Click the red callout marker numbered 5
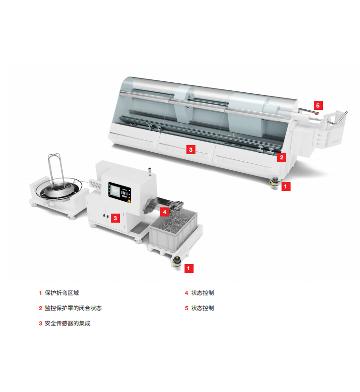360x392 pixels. tap(318, 105)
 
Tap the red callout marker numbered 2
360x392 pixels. tap(282, 157)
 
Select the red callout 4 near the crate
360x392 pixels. tap(165, 212)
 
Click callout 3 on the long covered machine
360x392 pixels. tap(191, 149)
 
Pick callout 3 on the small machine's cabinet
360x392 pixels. tap(115, 218)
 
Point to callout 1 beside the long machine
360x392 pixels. tap(286, 186)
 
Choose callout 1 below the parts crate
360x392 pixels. tap(189, 268)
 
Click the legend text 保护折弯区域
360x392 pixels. tap(62, 293)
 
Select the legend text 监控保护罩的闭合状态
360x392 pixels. tap(73, 308)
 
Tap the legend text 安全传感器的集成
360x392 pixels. tap(68, 323)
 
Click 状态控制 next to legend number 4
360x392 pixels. tap(203, 293)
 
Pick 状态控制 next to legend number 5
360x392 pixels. tap(203, 308)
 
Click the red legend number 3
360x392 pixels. tap(40, 323)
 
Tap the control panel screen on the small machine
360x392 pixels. tap(116, 191)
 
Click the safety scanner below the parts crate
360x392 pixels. tap(176, 262)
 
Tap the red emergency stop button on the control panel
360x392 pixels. tap(129, 200)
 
